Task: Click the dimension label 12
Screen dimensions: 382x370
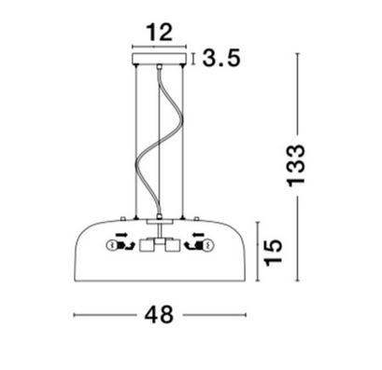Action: pos(160,33)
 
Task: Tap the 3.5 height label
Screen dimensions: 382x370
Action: pos(221,58)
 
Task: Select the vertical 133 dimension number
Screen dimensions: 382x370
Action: pos(295,166)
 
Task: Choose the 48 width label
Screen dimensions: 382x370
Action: pos(159,315)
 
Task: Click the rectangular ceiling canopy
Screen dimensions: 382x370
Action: pos(160,59)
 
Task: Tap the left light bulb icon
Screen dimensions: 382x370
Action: pos(111,246)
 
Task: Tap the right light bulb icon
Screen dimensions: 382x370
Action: pos(208,246)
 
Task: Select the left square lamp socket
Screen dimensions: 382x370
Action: pos(146,245)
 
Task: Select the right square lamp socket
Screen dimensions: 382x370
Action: pos(173,245)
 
